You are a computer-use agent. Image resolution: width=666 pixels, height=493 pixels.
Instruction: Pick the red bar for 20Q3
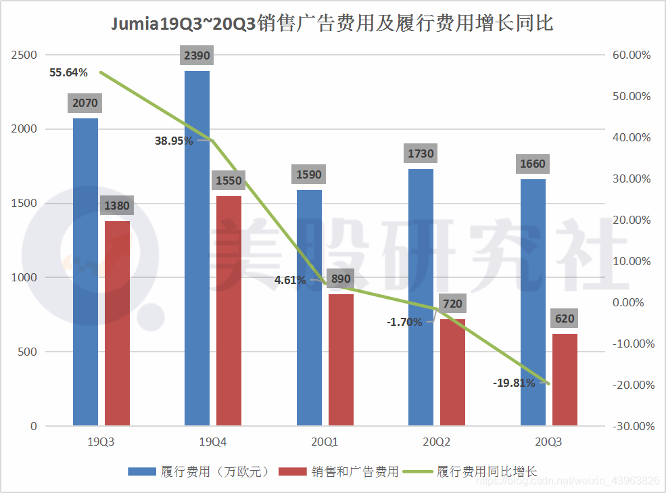pos(565,379)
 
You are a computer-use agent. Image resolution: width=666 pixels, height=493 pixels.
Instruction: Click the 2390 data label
pos(197,55)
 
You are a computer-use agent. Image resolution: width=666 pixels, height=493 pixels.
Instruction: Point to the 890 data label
pos(341,279)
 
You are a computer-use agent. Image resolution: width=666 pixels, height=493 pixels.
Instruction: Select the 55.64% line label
pos(67,72)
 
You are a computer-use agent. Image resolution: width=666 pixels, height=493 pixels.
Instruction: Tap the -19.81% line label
pos(514,383)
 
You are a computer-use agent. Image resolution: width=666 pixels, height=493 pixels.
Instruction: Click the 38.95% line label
pos(174,141)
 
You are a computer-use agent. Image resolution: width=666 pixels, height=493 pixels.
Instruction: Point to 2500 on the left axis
pos(24,55)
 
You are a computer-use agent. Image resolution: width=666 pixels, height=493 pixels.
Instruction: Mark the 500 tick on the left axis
pos(28,352)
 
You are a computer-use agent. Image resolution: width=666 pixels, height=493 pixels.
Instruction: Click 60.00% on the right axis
pos(632,55)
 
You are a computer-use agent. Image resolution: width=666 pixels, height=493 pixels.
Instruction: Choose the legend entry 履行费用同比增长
pos(487,471)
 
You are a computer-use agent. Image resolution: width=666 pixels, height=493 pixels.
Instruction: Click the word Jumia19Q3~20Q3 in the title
pos(183,24)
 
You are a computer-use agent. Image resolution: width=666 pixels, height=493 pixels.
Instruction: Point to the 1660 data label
pos(533,164)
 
